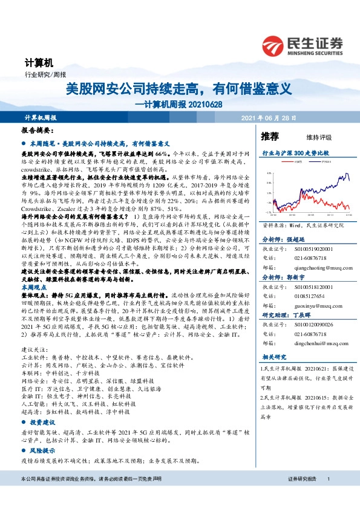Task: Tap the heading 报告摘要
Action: (x=37, y=131)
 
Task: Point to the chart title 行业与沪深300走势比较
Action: (x=295, y=154)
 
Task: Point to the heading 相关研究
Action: (x=272, y=357)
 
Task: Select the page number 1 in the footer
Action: (x=327, y=496)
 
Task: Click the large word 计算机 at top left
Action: (x=40, y=62)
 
